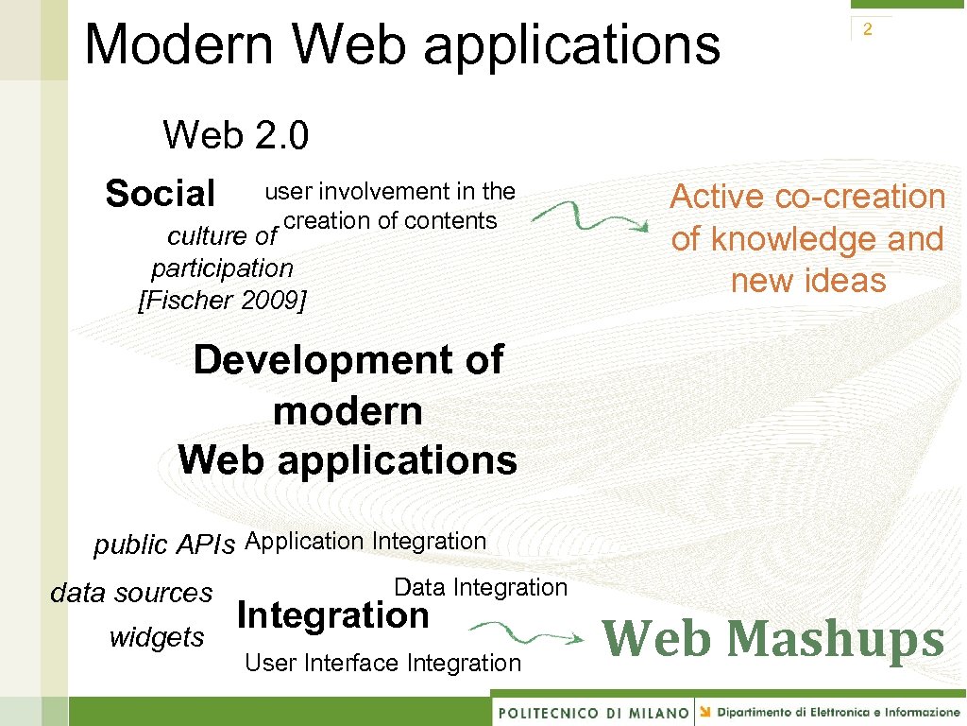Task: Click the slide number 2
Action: coord(867,30)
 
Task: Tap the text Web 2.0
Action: coord(235,135)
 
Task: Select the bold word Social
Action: coord(161,194)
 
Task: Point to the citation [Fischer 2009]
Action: coord(223,301)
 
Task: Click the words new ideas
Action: coord(808,281)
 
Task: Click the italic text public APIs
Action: coord(164,544)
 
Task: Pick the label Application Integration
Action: coord(365,541)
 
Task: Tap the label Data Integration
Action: coord(481,587)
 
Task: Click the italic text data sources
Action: coord(131,593)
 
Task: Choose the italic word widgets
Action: coord(157,637)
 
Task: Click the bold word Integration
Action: coord(333,615)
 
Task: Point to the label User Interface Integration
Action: coord(382,663)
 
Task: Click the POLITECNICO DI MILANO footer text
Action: coord(593,712)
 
